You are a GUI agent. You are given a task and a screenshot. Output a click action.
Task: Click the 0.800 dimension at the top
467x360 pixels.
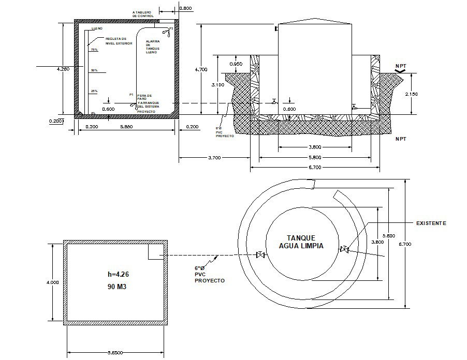click(x=185, y=9)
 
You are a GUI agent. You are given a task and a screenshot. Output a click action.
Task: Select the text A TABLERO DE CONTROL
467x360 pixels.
click(x=143, y=14)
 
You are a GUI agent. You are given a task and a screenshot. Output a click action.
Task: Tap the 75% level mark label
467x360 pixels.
click(x=94, y=50)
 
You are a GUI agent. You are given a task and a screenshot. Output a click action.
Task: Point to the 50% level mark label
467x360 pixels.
click(x=94, y=70)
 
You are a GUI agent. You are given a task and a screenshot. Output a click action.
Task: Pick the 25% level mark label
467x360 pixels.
click(x=94, y=91)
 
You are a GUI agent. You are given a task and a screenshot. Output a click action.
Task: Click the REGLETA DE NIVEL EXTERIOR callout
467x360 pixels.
click(x=119, y=41)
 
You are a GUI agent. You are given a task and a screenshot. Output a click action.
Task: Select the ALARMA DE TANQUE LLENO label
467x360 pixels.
click(x=153, y=47)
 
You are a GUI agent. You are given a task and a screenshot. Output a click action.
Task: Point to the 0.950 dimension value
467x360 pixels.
click(x=236, y=64)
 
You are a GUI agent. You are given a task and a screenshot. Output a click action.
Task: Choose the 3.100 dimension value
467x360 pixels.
click(x=218, y=84)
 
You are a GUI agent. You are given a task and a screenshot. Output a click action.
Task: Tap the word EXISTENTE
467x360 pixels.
click(x=431, y=223)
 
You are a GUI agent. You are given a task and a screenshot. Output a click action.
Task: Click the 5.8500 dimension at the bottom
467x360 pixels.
click(x=115, y=352)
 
